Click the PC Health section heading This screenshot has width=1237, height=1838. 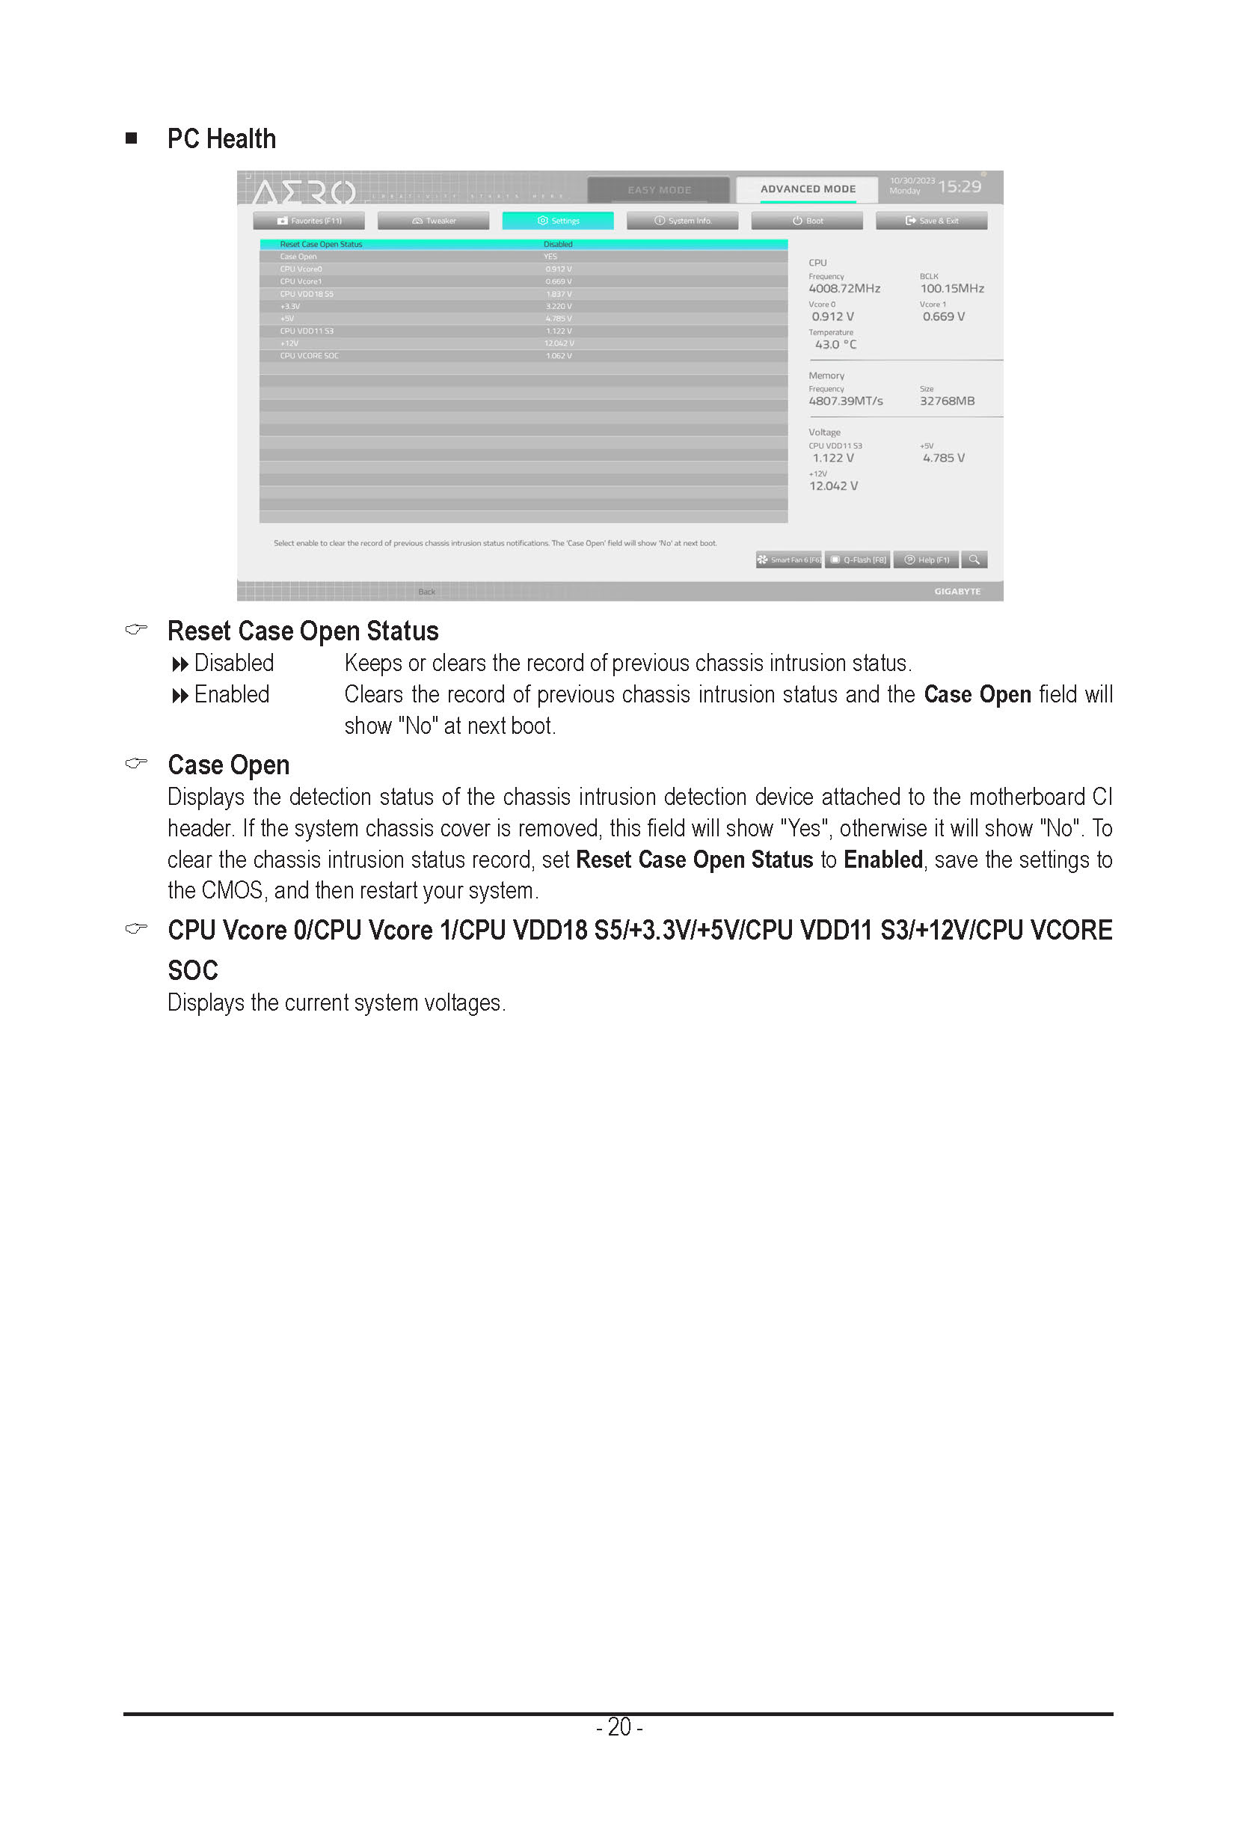[x=221, y=139]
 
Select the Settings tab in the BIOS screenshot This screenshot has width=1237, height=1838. [x=558, y=221]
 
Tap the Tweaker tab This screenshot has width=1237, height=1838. [x=433, y=221]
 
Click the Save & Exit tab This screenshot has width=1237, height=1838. [x=931, y=221]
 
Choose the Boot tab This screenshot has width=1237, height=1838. [x=807, y=221]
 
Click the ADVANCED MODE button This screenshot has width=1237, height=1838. [x=807, y=189]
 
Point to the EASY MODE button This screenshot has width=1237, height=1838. [x=659, y=190]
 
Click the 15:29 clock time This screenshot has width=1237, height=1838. [x=960, y=187]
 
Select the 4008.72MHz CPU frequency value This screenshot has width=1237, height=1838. [x=844, y=289]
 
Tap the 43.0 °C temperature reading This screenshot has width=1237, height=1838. [x=835, y=345]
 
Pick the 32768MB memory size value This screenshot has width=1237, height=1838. [x=947, y=401]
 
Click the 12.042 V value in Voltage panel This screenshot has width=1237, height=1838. [x=833, y=486]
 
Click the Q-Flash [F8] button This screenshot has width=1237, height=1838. [x=859, y=560]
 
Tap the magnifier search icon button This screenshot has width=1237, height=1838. [x=974, y=560]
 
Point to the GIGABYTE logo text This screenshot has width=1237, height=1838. [x=957, y=592]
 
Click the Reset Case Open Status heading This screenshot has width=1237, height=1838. [x=303, y=631]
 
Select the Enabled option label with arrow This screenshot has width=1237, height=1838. [x=221, y=694]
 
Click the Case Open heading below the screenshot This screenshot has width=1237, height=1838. [x=228, y=765]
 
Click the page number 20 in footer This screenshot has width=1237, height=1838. [x=619, y=1727]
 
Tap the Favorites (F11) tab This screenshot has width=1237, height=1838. [x=310, y=221]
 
